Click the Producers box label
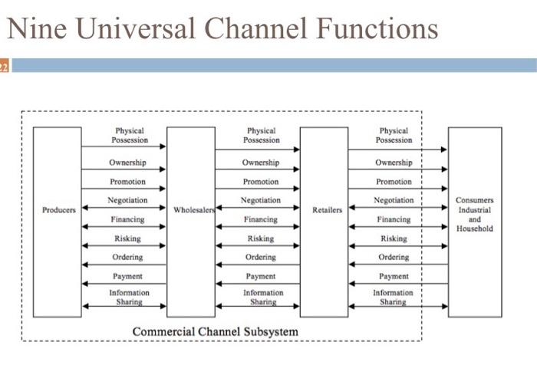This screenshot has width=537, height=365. coord(58,209)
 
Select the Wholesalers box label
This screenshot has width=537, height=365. coord(192,209)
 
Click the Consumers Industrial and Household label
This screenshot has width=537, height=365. coord(474,214)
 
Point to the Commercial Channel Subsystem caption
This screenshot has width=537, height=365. coord(216,331)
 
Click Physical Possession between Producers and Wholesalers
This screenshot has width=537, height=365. coord(128,136)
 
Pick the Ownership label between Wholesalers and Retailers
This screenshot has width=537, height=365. coord(261,163)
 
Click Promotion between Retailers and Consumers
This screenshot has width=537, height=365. coord(394,182)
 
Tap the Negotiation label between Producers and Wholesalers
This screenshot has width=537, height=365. coord(128,200)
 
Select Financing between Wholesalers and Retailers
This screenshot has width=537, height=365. coord(261,219)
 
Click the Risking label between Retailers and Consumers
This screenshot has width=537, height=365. coord(394,238)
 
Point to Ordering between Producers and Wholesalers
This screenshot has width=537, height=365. coord(128,257)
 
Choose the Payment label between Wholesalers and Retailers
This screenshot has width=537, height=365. coord(261,276)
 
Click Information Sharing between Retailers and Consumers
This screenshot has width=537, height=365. coord(394,298)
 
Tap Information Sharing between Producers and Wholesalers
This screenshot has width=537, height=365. coord(128,298)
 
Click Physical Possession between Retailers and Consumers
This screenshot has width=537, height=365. coord(394,136)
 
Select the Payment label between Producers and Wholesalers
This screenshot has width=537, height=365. coord(128,276)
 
